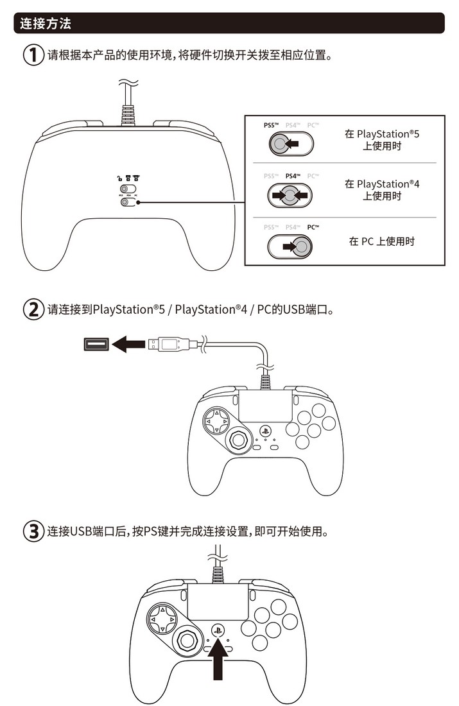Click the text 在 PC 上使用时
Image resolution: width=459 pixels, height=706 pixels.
[381, 241]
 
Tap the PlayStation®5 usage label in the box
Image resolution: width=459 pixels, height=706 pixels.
[381, 140]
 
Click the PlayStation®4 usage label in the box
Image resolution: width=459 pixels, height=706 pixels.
[381, 190]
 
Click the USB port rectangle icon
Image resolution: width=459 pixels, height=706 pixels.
[96, 345]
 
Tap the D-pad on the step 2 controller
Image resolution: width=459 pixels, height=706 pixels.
[216, 421]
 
